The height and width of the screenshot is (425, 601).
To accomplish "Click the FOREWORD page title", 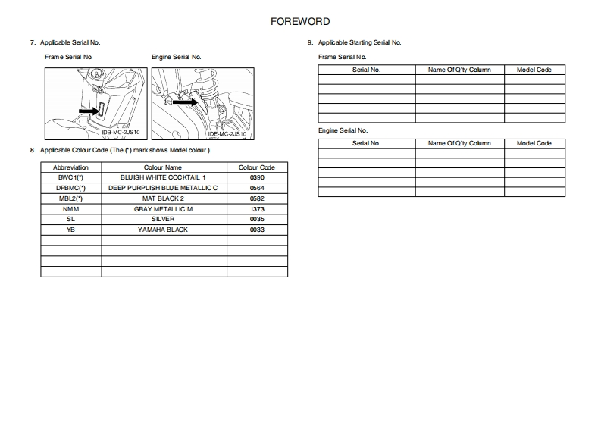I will pyautogui.click(x=300, y=22).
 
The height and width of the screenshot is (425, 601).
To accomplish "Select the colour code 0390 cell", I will pyautogui.click(x=256, y=177).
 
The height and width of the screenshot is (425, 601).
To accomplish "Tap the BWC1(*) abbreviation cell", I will pyautogui.click(x=70, y=177).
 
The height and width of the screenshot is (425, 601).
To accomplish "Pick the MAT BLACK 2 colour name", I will pyautogui.click(x=163, y=198).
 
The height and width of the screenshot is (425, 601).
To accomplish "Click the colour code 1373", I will pyautogui.click(x=256, y=209).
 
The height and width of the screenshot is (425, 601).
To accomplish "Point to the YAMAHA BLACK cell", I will pyautogui.click(x=163, y=230).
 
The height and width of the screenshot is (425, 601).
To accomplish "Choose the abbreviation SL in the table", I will pyautogui.click(x=70, y=219).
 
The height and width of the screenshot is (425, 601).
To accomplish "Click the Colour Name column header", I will pyautogui.click(x=163, y=167).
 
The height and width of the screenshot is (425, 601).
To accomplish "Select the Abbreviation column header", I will pyautogui.click(x=70, y=167).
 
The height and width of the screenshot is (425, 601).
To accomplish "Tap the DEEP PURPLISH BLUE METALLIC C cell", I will pyautogui.click(x=163, y=188).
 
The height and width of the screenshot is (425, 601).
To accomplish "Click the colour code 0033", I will pyautogui.click(x=256, y=230).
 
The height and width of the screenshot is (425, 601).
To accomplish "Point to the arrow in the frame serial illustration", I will pyautogui.click(x=89, y=111).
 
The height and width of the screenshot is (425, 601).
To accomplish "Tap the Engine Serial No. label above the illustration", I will pyautogui.click(x=176, y=57).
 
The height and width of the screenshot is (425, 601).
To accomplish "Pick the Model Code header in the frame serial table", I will pyautogui.click(x=534, y=70).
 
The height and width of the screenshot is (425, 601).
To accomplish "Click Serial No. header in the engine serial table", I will pyautogui.click(x=367, y=143).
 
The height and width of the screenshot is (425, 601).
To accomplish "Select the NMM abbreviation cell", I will pyautogui.click(x=70, y=209).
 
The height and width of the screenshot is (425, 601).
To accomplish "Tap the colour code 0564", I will pyautogui.click(x=256, y=188).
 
